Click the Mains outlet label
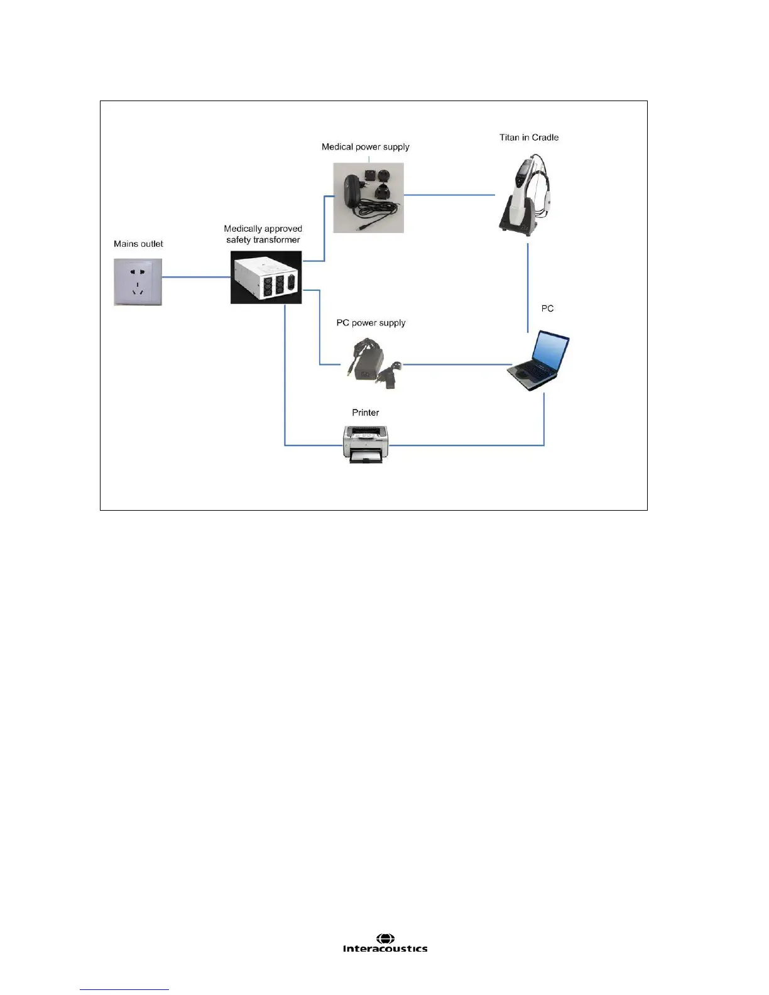coord(138,244)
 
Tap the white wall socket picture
coord(138,282)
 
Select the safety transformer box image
coord(266,278)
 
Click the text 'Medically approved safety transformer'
coord(263,234)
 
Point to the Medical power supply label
coord(365,147)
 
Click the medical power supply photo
coord(368,198)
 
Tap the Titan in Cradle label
coord(528,138)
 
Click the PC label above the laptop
coord(547,308)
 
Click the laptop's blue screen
coord(550,351)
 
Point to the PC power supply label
coord(371,323)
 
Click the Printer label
coord(365,413)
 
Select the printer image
coord(366,443)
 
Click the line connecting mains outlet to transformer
coord(196,277)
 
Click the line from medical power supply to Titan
coord(449,195)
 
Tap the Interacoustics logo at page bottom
coord(385,943)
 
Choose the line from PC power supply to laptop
coord(457,364)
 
